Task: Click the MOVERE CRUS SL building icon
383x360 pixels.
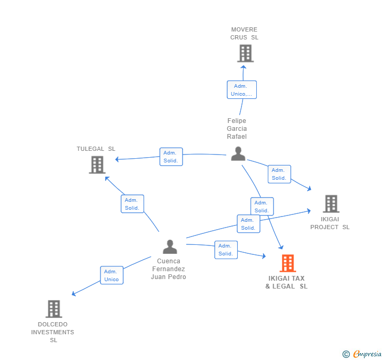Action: coord(246,53)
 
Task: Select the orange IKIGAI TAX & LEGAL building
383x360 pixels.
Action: coord(288,263)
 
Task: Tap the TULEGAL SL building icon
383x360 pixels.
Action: coord(97,164)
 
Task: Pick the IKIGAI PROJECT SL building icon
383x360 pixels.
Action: coord(331,203)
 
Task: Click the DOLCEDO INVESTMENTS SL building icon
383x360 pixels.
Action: coord(54,308)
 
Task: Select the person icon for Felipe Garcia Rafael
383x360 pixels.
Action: coord(238,154)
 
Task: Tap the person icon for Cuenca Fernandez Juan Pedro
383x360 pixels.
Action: coord(170,247)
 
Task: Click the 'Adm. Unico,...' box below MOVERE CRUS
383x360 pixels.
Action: coord(241,89)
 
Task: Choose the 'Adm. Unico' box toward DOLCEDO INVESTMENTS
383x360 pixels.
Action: coord(112,275)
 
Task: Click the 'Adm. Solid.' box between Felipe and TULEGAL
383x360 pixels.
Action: coord(171,157)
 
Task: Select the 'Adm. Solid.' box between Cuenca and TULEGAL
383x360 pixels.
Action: coord(133,204)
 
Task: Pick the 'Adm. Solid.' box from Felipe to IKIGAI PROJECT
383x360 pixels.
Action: coord(279,174)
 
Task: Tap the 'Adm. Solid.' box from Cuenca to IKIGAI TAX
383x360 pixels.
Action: coord(226,250)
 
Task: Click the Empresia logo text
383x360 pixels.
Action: coord(367,354)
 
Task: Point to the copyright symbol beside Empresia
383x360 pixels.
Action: coord(346,354)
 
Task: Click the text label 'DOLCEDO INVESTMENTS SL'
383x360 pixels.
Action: coord(53,332)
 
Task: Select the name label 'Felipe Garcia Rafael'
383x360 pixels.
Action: coord(237,129)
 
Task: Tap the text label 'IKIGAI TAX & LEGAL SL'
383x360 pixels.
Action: coord(287,282)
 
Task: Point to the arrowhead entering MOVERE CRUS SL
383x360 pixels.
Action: coord(243,67)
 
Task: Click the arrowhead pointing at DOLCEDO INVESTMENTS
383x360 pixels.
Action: coord(74,294)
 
